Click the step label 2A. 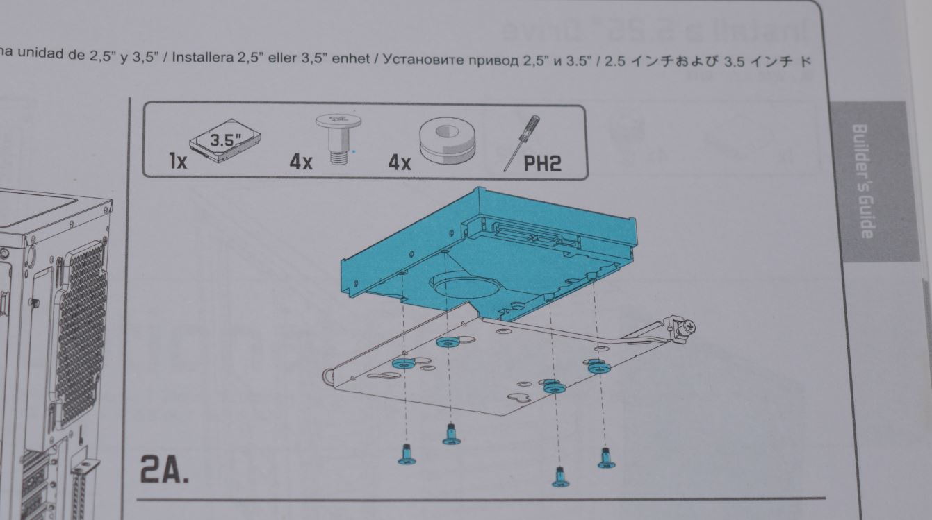(x=164, y=469)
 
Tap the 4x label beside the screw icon (x=301, y=163)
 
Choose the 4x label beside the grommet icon (x=400, y=163)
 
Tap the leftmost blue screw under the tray (x=407, y=454)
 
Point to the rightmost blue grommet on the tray (x=598, y=367)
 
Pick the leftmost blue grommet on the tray (x=404, y=363)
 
